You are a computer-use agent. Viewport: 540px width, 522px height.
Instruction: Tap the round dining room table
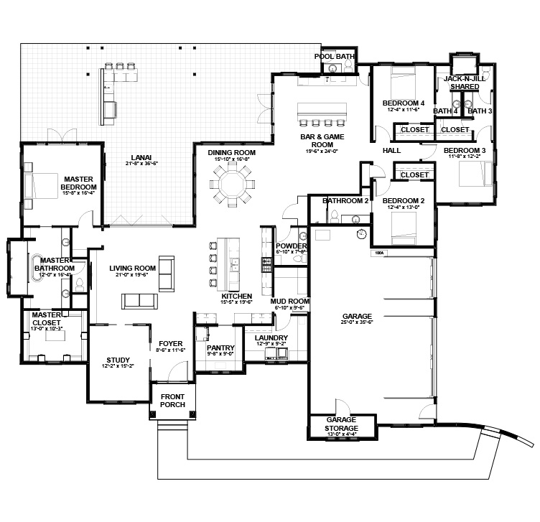(x=232, y=184)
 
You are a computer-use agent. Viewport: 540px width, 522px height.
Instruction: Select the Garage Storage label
(x=342, y=424)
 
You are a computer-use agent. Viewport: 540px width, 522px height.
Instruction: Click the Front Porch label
(x=172, y=401)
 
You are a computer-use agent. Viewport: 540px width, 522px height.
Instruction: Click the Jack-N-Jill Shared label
(x=465, y=83)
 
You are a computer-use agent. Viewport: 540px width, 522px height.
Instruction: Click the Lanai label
(x=141, y=157)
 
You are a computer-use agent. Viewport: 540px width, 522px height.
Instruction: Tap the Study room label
(x=118, y=360)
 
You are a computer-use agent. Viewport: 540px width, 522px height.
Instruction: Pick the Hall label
(x=391, y=151)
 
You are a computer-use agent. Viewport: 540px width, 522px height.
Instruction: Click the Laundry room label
(x=271, y=337)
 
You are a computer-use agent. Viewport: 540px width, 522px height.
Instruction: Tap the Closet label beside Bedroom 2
(x=414, y=174)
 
